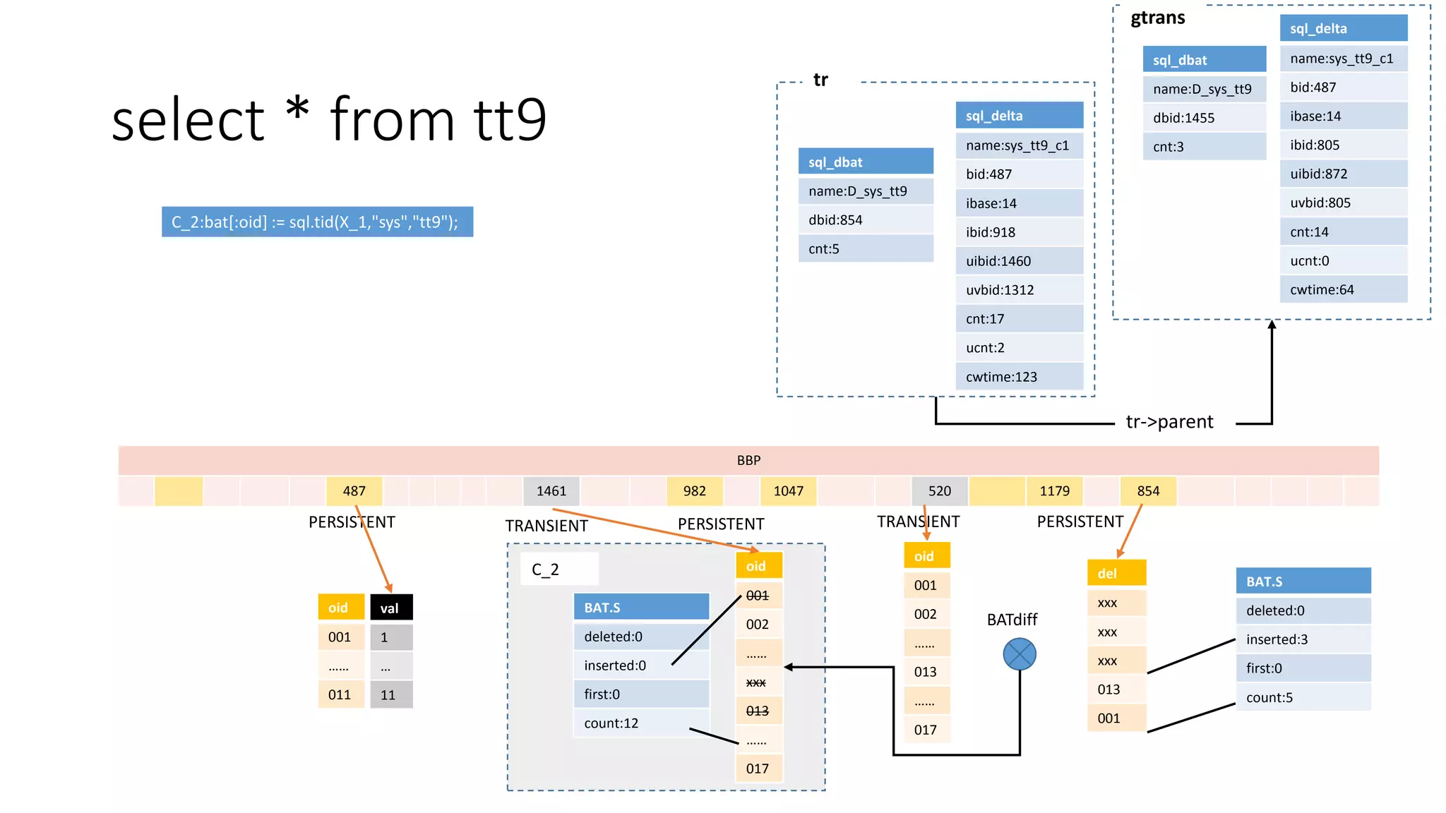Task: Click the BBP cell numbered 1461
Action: click(551, 491)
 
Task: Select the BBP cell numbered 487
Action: click(354, 491)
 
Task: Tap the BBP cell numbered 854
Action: click(1148, 491)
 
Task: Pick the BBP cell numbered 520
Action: click(939, 491)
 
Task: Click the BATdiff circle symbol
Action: click(1020, 654)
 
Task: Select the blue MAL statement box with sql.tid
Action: click(317, 222)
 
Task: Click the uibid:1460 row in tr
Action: click(1019, 261)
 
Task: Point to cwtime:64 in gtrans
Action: click(1343, 290)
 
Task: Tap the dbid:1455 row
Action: click(1204, 118)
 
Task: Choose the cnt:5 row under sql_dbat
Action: click(866, 249)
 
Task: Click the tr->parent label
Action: click(1169, 422)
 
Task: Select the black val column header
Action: click(391, 608)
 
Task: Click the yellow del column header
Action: click(1116, 573)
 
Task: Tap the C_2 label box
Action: click(559, 569)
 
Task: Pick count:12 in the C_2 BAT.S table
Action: click(640, 723)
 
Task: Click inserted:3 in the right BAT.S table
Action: click(1303, 639)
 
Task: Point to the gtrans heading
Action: click(1158, 18)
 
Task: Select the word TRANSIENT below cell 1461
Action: click(546, 526)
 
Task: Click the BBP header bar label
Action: click(748, 460)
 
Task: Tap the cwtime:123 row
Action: click(1019, 377)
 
